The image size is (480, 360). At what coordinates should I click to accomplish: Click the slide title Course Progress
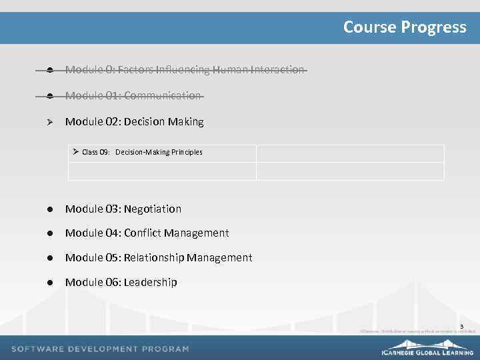pos(405,27)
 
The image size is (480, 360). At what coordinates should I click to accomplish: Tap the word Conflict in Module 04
pos(142,233)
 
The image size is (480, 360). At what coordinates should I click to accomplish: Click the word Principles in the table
pos(187,153)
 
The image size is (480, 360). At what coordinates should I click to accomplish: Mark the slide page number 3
pos(461,326)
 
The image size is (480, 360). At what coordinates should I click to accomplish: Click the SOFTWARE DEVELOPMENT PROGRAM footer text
pos(100,349)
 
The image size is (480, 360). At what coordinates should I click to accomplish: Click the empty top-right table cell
pos(350,153)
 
